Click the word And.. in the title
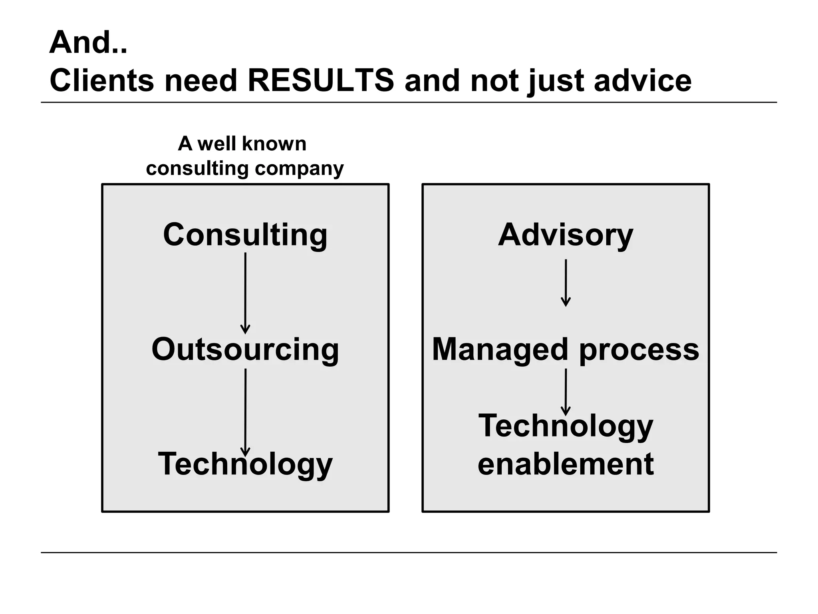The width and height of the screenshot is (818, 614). pos(88,42)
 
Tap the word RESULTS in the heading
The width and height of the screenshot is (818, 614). pos(321,80)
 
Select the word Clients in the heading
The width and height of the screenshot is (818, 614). pos(102,80)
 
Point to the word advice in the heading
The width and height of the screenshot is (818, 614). pos(643,80)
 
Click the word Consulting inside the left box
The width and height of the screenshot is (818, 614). pos(245,235)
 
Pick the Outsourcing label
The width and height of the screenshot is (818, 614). pos(245,349)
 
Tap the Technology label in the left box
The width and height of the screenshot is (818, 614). pos(245,464)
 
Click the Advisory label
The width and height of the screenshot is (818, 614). pos(566,235)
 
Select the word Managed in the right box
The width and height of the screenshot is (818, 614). pos(499,349)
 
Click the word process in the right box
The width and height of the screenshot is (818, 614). pos(639,349)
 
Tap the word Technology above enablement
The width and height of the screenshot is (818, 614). pos(566,426)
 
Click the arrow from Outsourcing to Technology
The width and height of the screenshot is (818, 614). pos(245,412)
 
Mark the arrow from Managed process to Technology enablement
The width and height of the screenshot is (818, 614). pos(566,392)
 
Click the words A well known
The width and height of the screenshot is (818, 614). pos(242,144)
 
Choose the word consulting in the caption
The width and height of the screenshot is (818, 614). pos(197,169)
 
